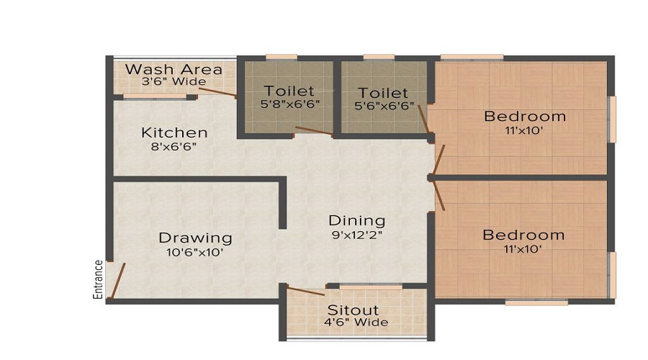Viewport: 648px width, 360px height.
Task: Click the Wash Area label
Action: coord(174,70)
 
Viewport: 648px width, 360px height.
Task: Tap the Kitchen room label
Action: coord(174,132)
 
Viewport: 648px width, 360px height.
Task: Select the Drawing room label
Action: coord(195,238)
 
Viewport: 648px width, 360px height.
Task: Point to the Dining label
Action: coord(357,220)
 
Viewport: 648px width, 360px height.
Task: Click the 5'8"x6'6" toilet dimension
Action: coord(289,104)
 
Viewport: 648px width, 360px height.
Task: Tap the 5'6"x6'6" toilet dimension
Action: coord(383,105)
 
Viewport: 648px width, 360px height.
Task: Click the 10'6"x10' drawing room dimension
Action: coord(195,252)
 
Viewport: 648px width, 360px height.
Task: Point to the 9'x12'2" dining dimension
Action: coord(357,235)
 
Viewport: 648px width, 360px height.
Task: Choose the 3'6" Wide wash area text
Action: coord(174,82)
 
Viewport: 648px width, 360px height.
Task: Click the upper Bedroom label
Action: coord(525,116)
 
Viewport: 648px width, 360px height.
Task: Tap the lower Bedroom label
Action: coord(523,235)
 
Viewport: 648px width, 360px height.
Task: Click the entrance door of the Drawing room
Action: coord(117,280)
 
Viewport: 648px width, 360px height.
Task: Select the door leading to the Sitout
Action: coord(306,291)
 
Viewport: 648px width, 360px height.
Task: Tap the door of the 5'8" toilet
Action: coord(313,131)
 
